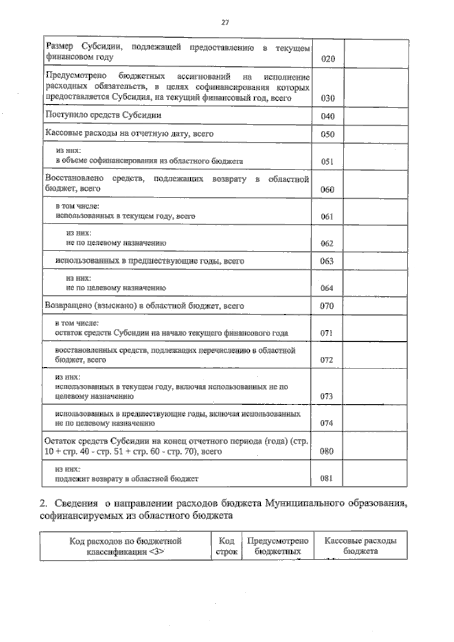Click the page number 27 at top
(225, 23)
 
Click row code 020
(328, 59)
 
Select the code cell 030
(328, 98)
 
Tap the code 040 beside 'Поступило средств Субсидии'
(328, 117)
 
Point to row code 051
(327, 162)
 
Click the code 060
(327, 190)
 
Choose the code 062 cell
(327, 244)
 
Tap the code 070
(327, 306)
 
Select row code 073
(327, 396)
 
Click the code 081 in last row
(326, 479)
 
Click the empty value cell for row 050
(375, 134)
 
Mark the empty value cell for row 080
(375, 446)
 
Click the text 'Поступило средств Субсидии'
(103, 115)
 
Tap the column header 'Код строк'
(226, 546)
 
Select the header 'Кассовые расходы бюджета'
(361, 546)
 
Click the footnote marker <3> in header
(156, 552)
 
